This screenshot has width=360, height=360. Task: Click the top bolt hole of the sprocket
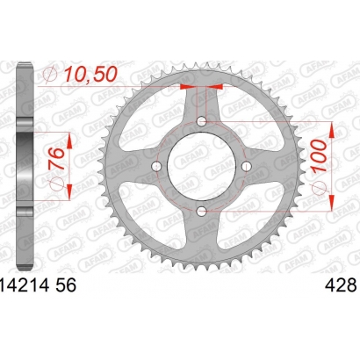coord(202,121)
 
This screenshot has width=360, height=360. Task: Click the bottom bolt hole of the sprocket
coord(202,211)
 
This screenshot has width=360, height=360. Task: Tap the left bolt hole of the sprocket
coord(157,166)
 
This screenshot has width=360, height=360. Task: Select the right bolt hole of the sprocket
coord(247,166)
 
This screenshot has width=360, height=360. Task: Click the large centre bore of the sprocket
coord(202,166)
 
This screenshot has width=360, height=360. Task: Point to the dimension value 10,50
coord(90,74)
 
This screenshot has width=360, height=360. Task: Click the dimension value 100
coord(319,155)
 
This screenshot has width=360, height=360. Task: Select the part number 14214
coord(25,285)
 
